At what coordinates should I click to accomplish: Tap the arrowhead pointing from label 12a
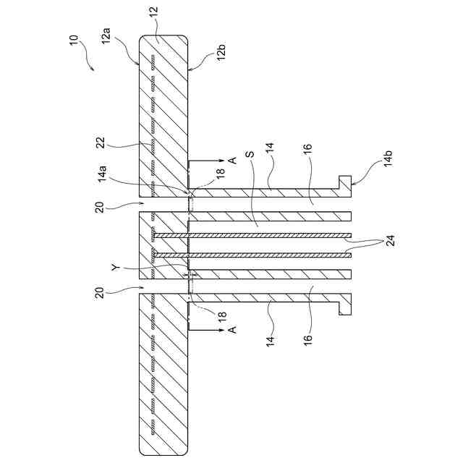click(140, 64)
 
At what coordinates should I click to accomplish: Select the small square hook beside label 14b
click(345, 181)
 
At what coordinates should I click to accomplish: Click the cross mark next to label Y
click(191, 276)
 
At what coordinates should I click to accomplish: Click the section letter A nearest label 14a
click(232, 159)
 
